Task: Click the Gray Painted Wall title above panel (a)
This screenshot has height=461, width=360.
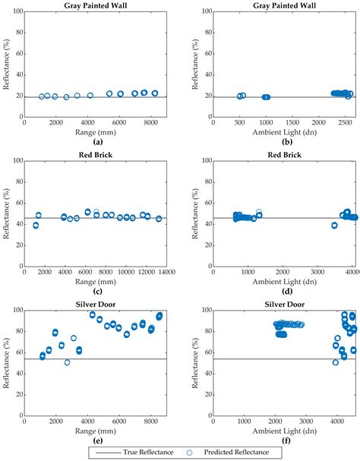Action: [97, 5]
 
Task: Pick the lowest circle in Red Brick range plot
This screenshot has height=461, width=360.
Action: [36, 226]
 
